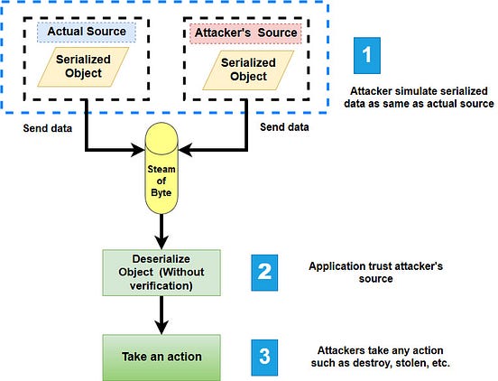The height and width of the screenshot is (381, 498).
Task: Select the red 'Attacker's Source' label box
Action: pyautogui.click(x=244, y=33)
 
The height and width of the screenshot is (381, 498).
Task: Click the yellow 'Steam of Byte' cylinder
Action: pyautogui.click(x=167, y=172)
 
